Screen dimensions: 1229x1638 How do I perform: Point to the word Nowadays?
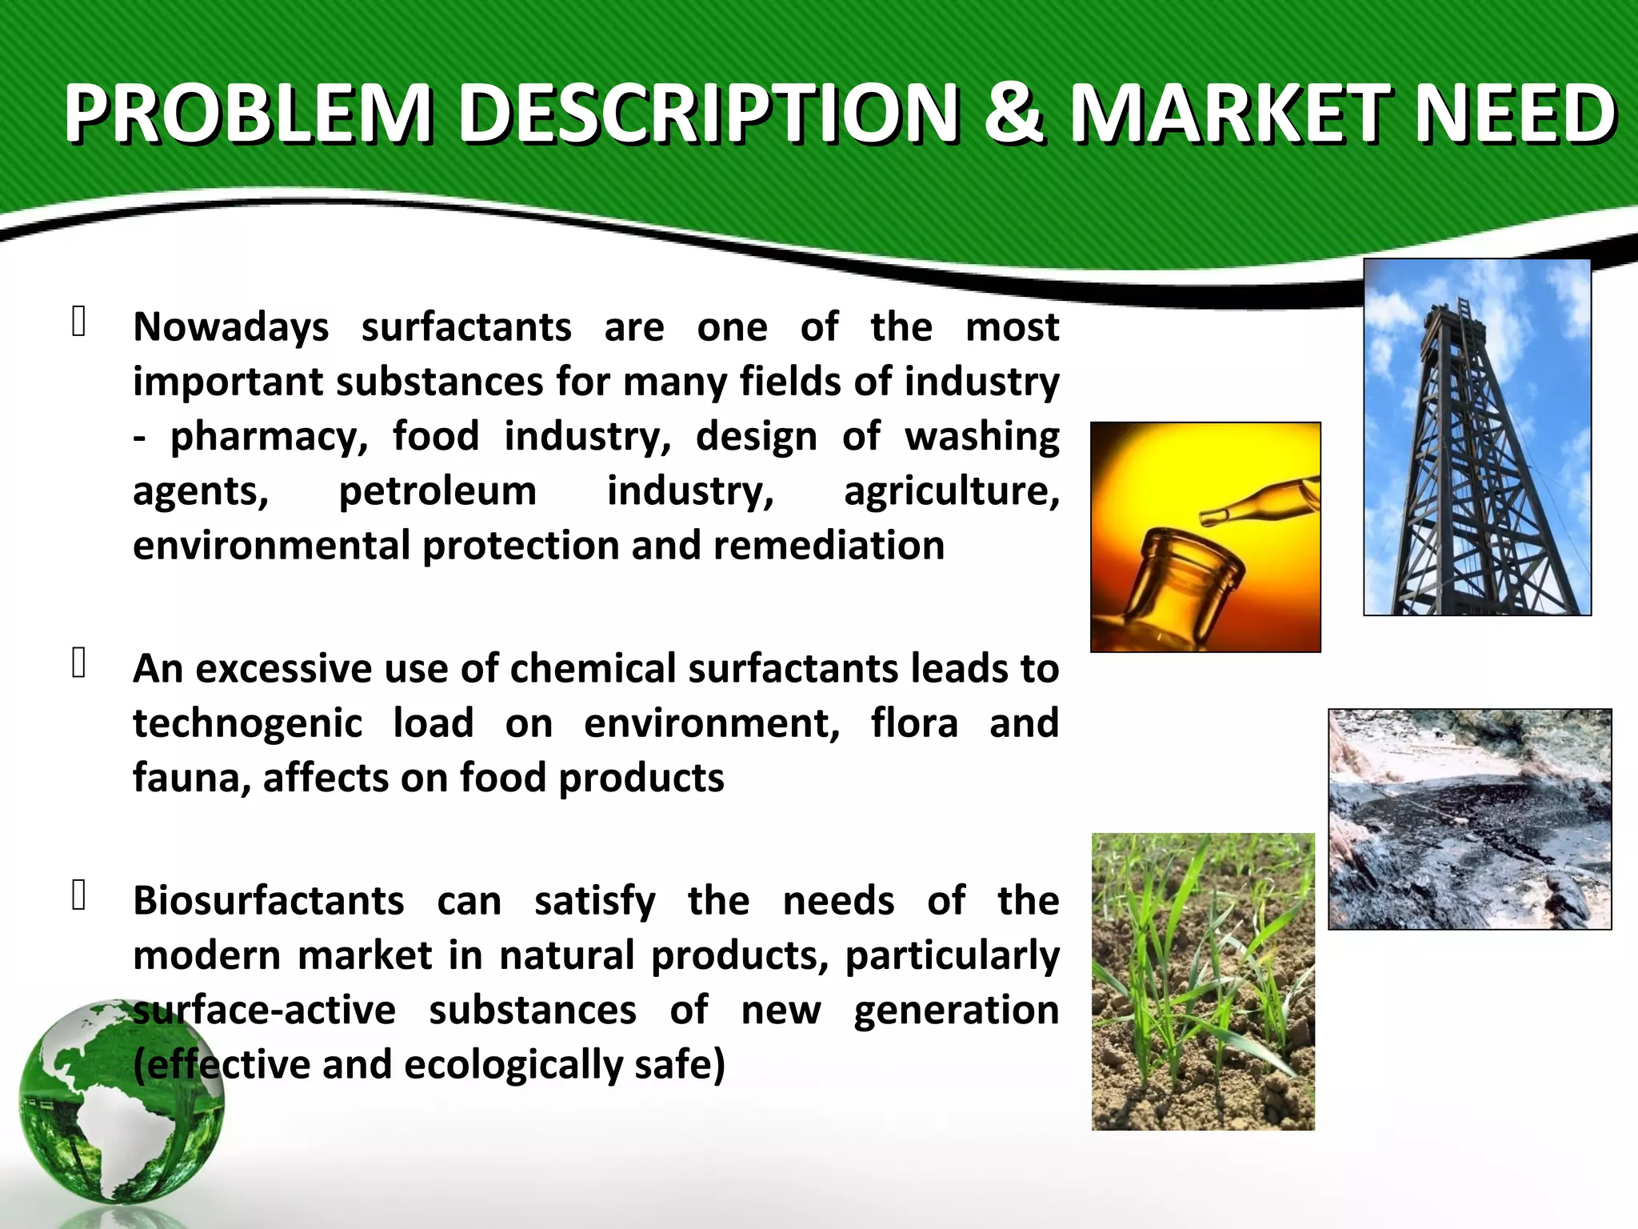coord(230,328)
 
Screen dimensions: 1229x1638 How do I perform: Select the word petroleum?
coord(437,491)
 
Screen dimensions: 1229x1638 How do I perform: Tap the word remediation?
coord(829,546)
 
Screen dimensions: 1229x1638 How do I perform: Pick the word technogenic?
coord(247,724)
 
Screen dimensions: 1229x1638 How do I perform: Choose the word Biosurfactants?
coord(269,901)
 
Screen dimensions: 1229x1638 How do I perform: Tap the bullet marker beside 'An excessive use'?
coord(78,663)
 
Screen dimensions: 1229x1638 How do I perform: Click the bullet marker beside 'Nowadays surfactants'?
coord(78,322)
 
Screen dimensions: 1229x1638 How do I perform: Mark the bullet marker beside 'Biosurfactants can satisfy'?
coord(78,896)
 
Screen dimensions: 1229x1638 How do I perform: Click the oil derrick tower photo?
coord(1476,437)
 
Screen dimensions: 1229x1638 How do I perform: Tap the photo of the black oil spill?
coord(1469,819)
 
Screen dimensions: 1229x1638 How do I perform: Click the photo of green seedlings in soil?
coord(1203,982)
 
